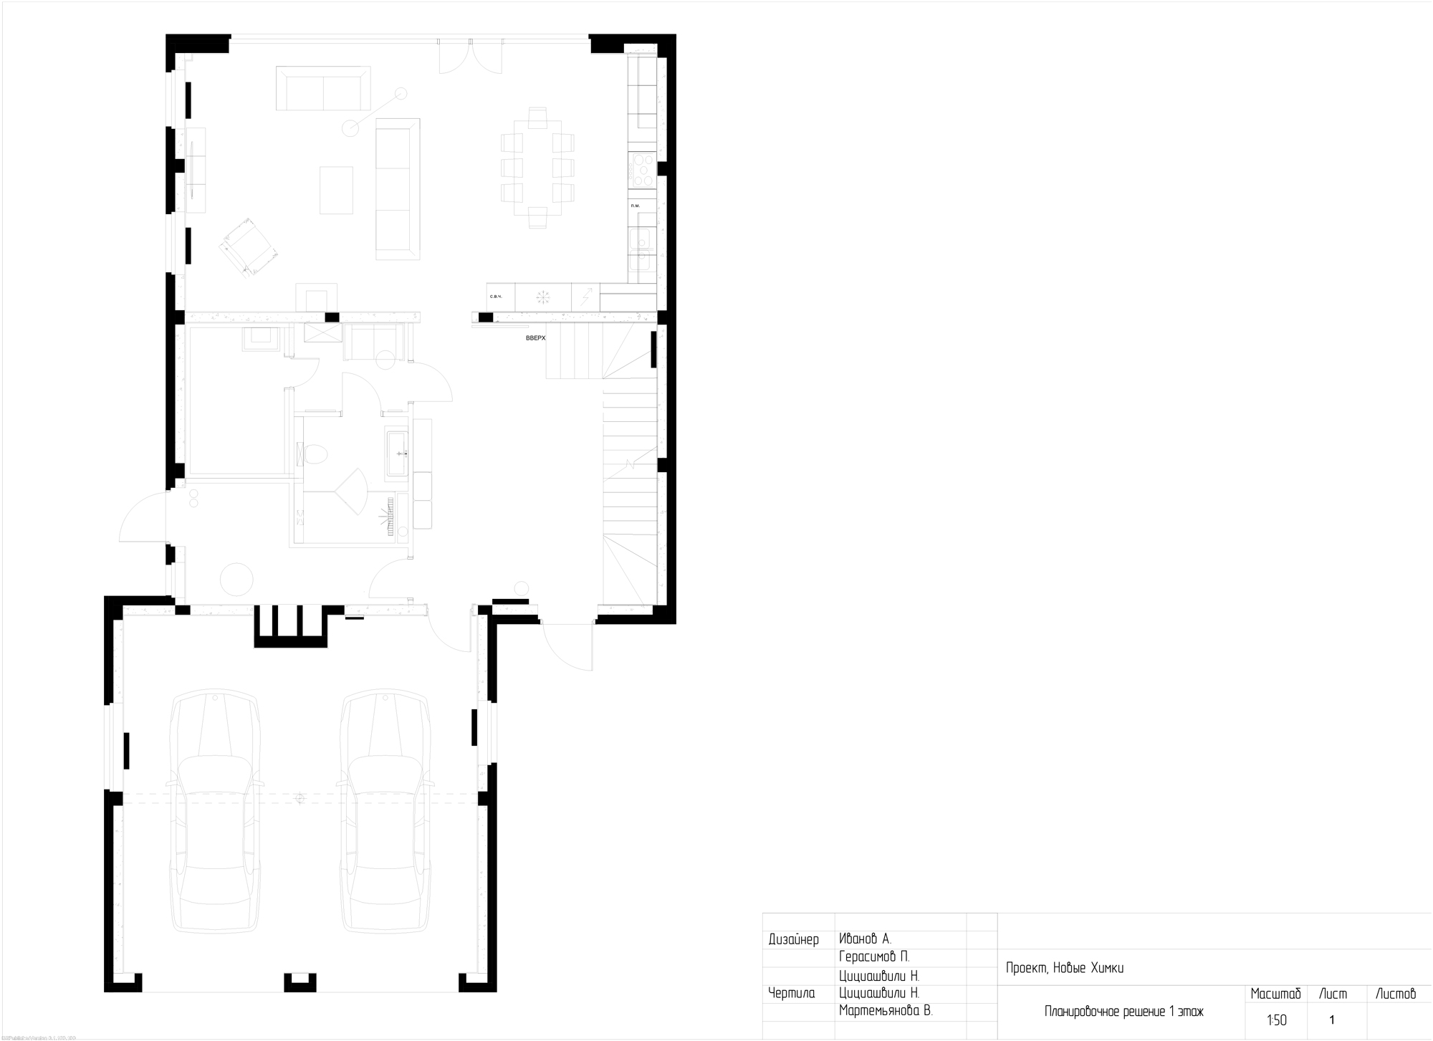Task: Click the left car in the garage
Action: (x=214, y=810)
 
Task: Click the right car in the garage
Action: (x=385, y=810)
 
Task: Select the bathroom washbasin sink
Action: (x=397, y=453)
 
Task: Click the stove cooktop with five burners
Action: (x=642, y=171)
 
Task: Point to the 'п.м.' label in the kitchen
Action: (x=635, y=206)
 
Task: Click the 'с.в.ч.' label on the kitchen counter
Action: (x=496, y=296)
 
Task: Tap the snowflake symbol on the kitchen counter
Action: (x=543, y=297)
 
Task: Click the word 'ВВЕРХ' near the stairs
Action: (x=535, y=337)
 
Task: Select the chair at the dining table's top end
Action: (x=538, y=117)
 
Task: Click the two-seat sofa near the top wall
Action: (x=323, y=89)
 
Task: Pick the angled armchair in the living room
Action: (x=249, y=246)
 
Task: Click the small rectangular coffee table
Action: (x=336, y=190)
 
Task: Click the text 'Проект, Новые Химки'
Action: (x=1065, y=969)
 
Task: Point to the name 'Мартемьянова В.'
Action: (x=886, y=1011)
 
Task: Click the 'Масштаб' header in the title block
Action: (x=1275, y=994)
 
